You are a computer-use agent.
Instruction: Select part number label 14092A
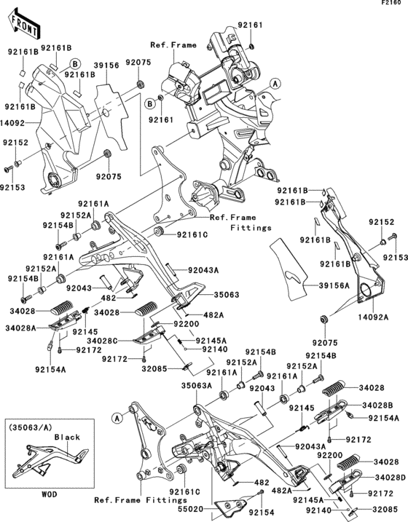(x=373, y=317)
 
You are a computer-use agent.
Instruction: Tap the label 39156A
(x=334, y=285)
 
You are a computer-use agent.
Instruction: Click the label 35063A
(x=197, y=386)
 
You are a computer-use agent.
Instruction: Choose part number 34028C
(x=102, y=341)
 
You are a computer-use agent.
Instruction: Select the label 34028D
(x=391, y=478)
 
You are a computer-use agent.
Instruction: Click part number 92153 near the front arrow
(x=12, y=187)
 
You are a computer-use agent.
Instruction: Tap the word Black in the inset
(x=67, y=437)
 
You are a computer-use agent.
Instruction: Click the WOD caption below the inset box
(x=50, y=494)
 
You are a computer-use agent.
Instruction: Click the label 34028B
(x=377, y=405)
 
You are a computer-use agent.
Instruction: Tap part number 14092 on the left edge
(x=12, y=123)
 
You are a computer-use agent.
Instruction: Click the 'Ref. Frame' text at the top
(x=173, y=45)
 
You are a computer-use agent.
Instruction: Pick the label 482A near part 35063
(x=213, y=315)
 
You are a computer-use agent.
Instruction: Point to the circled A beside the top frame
(x=275, y=83)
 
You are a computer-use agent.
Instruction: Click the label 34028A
(x=20, y=328)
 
